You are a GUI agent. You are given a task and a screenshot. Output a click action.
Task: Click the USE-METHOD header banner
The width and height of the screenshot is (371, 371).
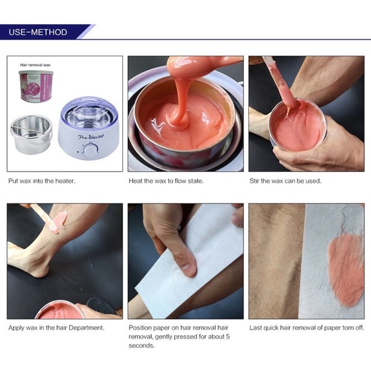(38, 32)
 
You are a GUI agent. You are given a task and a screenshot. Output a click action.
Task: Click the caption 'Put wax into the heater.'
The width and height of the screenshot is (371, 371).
(42, 181)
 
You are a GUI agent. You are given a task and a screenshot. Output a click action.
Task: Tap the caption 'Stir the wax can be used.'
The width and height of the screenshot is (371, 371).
(285, 181)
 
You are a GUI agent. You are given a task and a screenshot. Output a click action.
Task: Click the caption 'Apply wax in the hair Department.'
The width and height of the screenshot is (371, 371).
(56, 328)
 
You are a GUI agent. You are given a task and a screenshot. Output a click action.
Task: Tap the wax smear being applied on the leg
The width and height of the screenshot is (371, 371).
(58, 222)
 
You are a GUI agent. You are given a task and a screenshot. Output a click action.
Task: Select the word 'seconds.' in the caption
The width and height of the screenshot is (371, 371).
(142, 345)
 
